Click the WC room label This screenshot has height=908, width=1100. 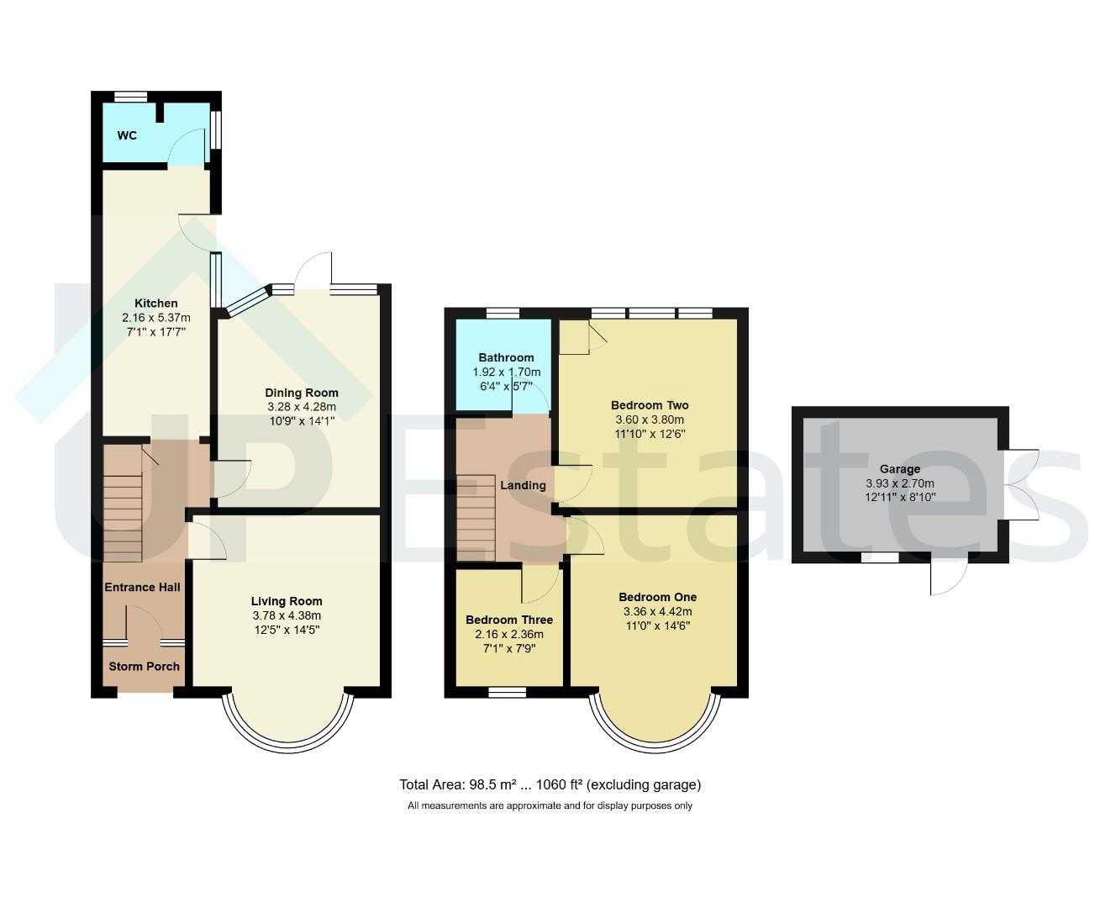click(x=127, y=135)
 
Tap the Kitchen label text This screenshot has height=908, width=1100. click(x=156, y=303)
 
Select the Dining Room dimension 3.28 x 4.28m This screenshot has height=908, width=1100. click(x=302, y=407)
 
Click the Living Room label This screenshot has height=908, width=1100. click(x=287, y=601)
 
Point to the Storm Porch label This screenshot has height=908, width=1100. click(x=145, y=666)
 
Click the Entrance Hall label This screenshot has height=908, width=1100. click(x=142, y=587)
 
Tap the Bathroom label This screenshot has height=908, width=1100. click(x=506, y=357)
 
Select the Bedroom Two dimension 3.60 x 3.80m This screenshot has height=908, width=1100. click(x=650, y=420)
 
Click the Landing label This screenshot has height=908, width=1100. click(x=524, y=485)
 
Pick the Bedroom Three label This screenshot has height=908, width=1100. click(x=509, y=620)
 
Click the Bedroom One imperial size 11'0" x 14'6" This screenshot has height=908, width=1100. click(x=657, y=626)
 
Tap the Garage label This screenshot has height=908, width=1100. click(x=900, y=469)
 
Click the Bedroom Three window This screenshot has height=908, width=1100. click(x=507, y=692)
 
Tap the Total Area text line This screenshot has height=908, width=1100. click(x=550, y=784)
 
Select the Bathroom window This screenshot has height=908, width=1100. click(x=502, y=313)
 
